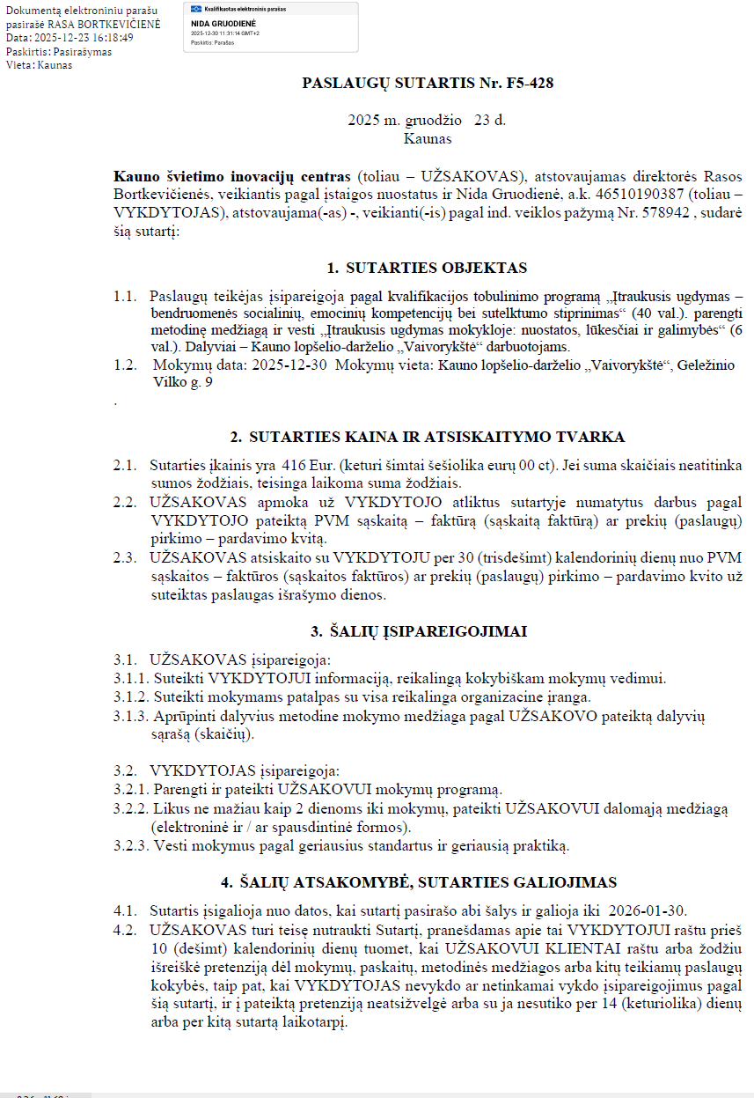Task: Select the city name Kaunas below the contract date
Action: pyautogui.click(x=428, y=138)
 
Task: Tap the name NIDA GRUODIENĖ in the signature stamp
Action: pyautogui.click(x=215, y=23)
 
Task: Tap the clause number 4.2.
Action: pyautogui.click(x=125, y=929)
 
